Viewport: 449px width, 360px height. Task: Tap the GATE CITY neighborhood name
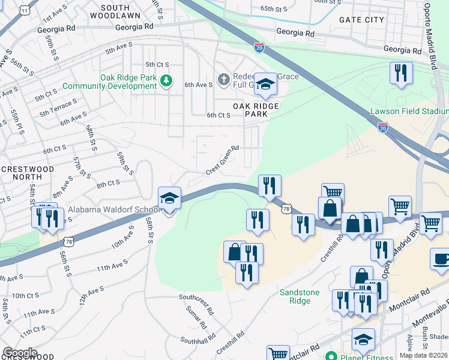coord(361,20)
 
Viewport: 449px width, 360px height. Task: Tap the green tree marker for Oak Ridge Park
coord(170,80)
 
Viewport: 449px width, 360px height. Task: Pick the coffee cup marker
coord(441,259)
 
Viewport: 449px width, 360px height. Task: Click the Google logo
coord(20,353)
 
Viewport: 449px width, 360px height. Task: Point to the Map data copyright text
coord(423,355)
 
